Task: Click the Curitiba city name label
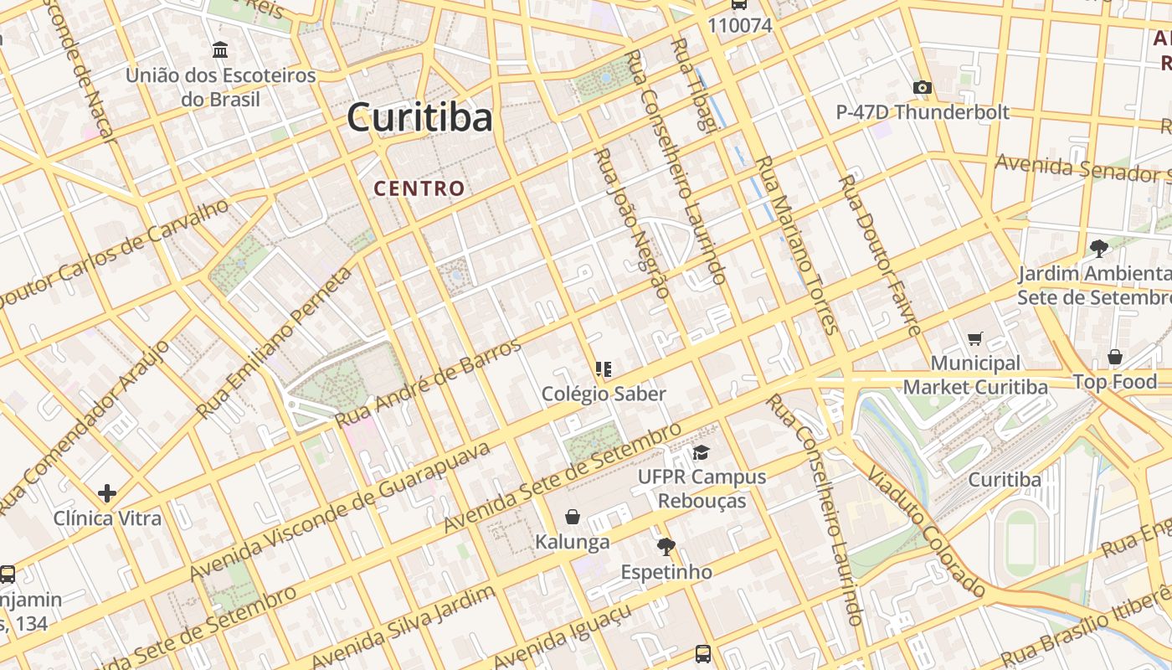point(419,117)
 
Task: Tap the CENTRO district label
point(419,188)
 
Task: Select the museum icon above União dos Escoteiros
point(220,50)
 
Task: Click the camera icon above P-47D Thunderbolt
point(922,87)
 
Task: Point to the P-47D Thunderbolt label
point(923,112)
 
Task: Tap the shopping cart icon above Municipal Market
point(974,338)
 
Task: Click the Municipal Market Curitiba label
point(975,375)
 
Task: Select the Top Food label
point(1115,382)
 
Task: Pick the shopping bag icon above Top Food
point(1114,358)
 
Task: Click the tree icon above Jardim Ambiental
point(1098,248)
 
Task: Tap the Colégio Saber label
point(604,394)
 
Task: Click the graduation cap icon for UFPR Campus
point(701,453)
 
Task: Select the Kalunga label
point(573,542)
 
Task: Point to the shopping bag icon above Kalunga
point(573,517)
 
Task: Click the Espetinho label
point(666,572)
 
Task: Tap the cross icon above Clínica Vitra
point(106,493)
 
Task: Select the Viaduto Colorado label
point(926,531)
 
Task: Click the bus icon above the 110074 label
point(738,4)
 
